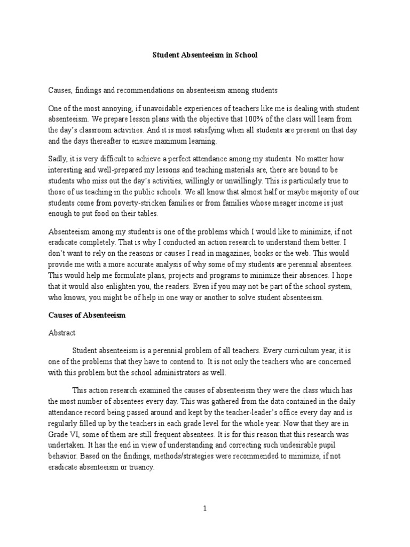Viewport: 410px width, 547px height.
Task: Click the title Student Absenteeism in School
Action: pyautogui.click(x=205, y=55)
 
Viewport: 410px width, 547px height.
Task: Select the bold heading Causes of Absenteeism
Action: pyautogui.click(x=86, y=315)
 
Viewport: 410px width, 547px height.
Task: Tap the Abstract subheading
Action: pyautogui.click(x=62, y=333)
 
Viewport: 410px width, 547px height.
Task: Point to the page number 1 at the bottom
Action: pyautogui.click(x=204, y=509)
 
